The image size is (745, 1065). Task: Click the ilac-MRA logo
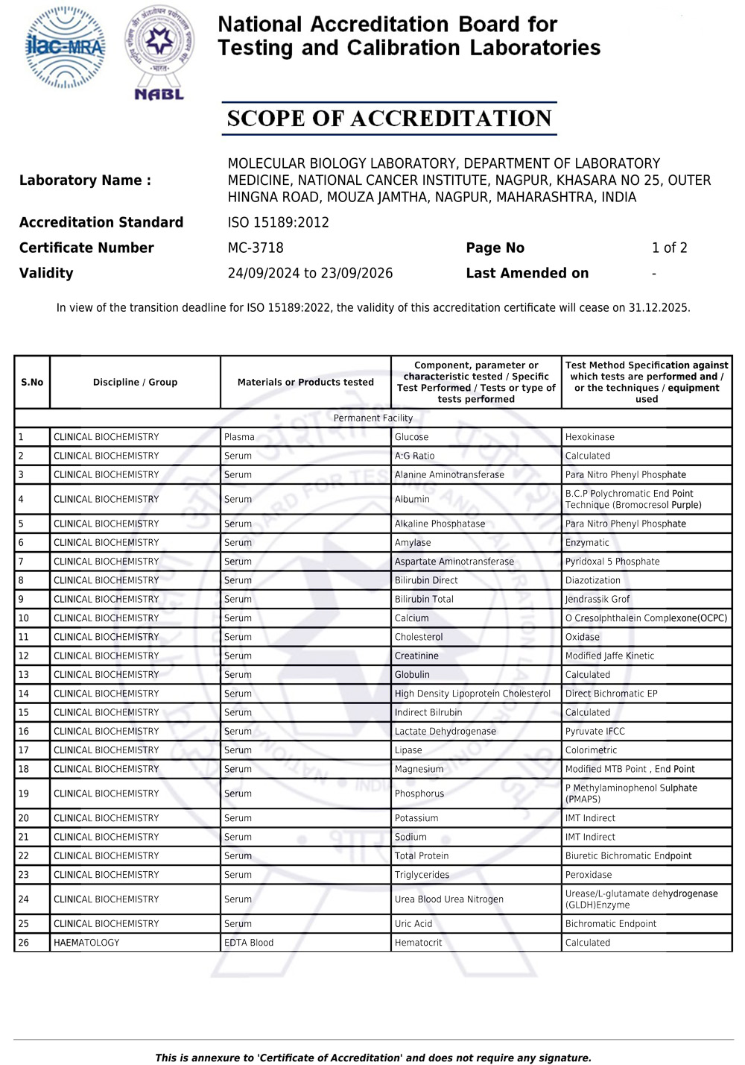(x=66, y=48)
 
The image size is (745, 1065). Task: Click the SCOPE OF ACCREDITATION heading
(x=389, y=119)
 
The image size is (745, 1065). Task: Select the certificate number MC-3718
(x=256, y=248)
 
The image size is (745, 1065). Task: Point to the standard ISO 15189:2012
(x=278, y=222)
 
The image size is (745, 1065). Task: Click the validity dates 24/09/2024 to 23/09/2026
(x=310, y=273)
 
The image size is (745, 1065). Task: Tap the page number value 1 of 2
(x=669, y=248)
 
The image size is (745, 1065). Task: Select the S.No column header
(x=32, y=382)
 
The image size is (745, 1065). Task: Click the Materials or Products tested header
(x=305, y=382)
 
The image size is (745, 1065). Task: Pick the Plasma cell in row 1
(x=239, y=437)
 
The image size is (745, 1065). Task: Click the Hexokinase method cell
(x=589, y=437)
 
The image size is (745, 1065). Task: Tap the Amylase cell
(x=413, y=542)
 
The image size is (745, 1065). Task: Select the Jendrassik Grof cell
(x=597, y=599)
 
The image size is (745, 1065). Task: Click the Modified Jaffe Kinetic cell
(x=609, y=656)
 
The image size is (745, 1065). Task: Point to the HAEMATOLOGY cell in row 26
(x=86, y=943)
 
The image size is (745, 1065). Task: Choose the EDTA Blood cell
(x=249, y=943)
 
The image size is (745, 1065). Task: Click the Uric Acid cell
(x=413, y=923)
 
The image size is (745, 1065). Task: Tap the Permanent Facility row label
(x=372, y=418)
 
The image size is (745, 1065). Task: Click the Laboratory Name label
(x=85, y=180)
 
